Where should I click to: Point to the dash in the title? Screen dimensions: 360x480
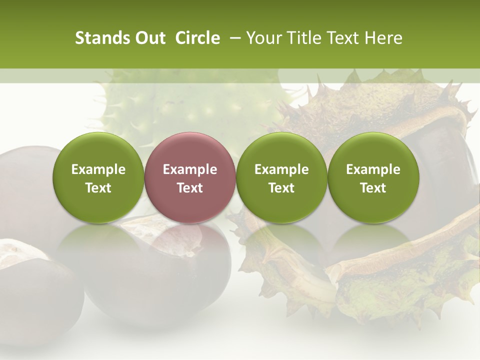click(x=233, y=38)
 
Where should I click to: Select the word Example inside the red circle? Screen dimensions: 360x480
click(x=190, y=169)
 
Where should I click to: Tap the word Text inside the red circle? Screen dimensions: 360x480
click(x=190, y=188)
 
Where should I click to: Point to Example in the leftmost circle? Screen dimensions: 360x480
click(x=98, y=169)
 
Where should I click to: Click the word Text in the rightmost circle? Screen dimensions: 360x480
click(x=373, y=188)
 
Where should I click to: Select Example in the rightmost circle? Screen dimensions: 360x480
click(x=373, y=169)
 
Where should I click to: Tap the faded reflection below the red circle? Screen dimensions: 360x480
click(x=190, y=245)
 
